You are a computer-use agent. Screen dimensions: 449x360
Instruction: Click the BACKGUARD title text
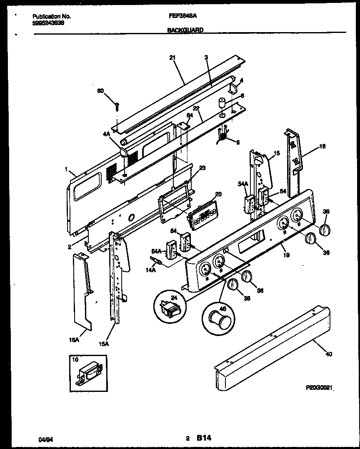point(185,30)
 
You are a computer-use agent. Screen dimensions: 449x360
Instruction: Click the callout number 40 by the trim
point(328,355)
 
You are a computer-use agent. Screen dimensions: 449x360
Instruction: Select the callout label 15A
point(104,344)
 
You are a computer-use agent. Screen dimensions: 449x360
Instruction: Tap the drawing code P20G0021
point(320,387)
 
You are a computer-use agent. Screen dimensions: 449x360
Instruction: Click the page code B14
point(204,438)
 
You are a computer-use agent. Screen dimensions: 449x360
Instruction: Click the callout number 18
point(322,147)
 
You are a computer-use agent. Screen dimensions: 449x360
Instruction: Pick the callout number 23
point(202,168)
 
